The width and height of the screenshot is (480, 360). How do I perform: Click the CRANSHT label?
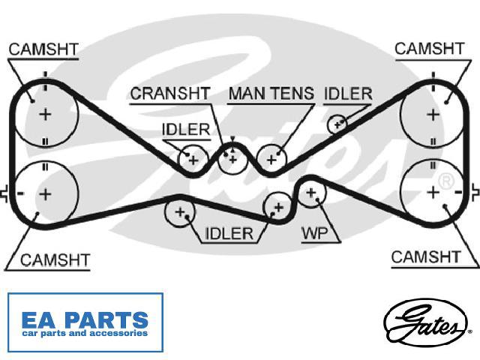coord(170,93)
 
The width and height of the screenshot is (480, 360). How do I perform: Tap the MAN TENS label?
coord(271,93)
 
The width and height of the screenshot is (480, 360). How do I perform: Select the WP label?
coord(315,233)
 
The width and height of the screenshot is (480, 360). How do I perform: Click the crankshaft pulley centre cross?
coord(233,160)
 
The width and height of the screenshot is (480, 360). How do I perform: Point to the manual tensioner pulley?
coord(271,160)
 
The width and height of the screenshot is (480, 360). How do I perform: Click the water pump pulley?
coord(311,193)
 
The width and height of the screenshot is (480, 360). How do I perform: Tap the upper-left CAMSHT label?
coord(43,49)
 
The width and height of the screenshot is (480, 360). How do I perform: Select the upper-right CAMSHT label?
coord(430,49)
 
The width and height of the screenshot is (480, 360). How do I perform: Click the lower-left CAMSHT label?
coord(55,260)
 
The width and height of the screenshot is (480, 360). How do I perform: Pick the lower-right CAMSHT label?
coord(426,257)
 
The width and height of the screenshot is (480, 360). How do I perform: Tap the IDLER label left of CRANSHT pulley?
coord(186,130)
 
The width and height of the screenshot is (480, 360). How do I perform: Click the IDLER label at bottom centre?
coord(229,233)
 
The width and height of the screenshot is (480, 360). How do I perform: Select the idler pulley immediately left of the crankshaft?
coord(193,160)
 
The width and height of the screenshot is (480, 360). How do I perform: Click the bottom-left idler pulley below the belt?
coord(180,212)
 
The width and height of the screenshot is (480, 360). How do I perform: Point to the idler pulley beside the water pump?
coord(278,208)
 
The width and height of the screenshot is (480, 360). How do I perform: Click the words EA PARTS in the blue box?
coord(85,320)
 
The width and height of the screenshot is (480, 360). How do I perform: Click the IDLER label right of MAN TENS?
coord(348,94)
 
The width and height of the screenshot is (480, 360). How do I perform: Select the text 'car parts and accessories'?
coord(85,333)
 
